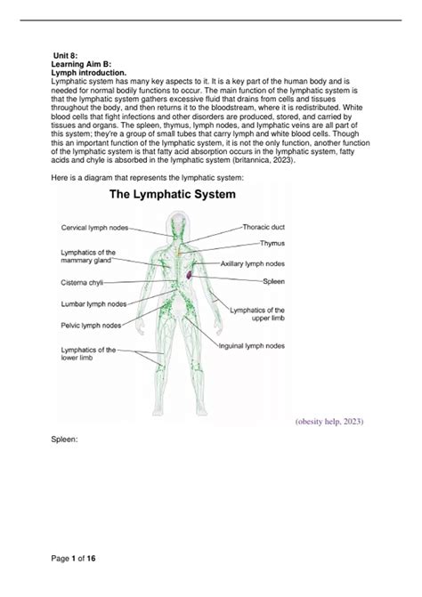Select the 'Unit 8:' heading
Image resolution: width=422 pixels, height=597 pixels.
click(x=66, y=55)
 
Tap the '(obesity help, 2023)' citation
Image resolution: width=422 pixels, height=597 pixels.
click(x=328, y=420)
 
